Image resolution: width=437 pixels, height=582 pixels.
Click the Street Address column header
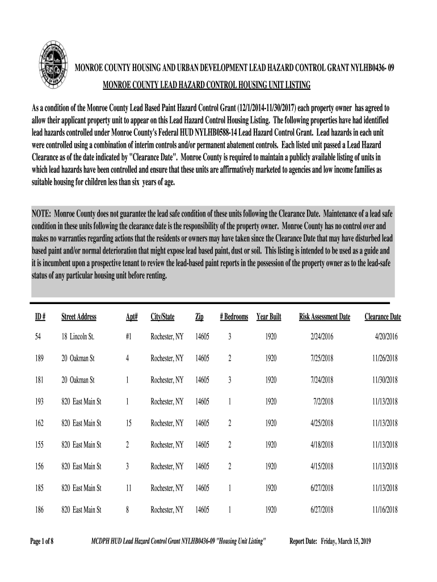[x=79, y=317]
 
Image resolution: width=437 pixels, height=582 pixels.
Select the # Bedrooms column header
[x=234, y=317]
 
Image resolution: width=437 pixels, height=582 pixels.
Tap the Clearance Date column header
[x=383, y=317]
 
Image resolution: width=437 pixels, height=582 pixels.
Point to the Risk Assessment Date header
[x=325, y=317]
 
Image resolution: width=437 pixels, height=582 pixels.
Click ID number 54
[x=37, y=337]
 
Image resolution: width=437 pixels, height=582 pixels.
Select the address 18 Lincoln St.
[x=78, y=337]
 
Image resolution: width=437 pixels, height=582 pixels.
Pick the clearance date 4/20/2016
[x=386, y=337]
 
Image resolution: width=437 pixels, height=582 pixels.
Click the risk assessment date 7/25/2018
[x=322, y=359]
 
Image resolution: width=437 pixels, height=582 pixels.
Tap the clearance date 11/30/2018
[x=385, y=380]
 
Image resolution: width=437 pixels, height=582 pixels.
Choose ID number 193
[x=39, y=402]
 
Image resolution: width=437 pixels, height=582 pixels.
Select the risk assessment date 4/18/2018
[x=322, y=445]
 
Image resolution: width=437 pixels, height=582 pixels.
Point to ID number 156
[x=39, y=467]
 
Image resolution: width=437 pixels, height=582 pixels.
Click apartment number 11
[x=128, y=488]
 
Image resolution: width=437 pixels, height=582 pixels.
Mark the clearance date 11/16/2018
[x=385, y=510]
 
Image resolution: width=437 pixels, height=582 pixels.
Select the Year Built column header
[x=268, y=317]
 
